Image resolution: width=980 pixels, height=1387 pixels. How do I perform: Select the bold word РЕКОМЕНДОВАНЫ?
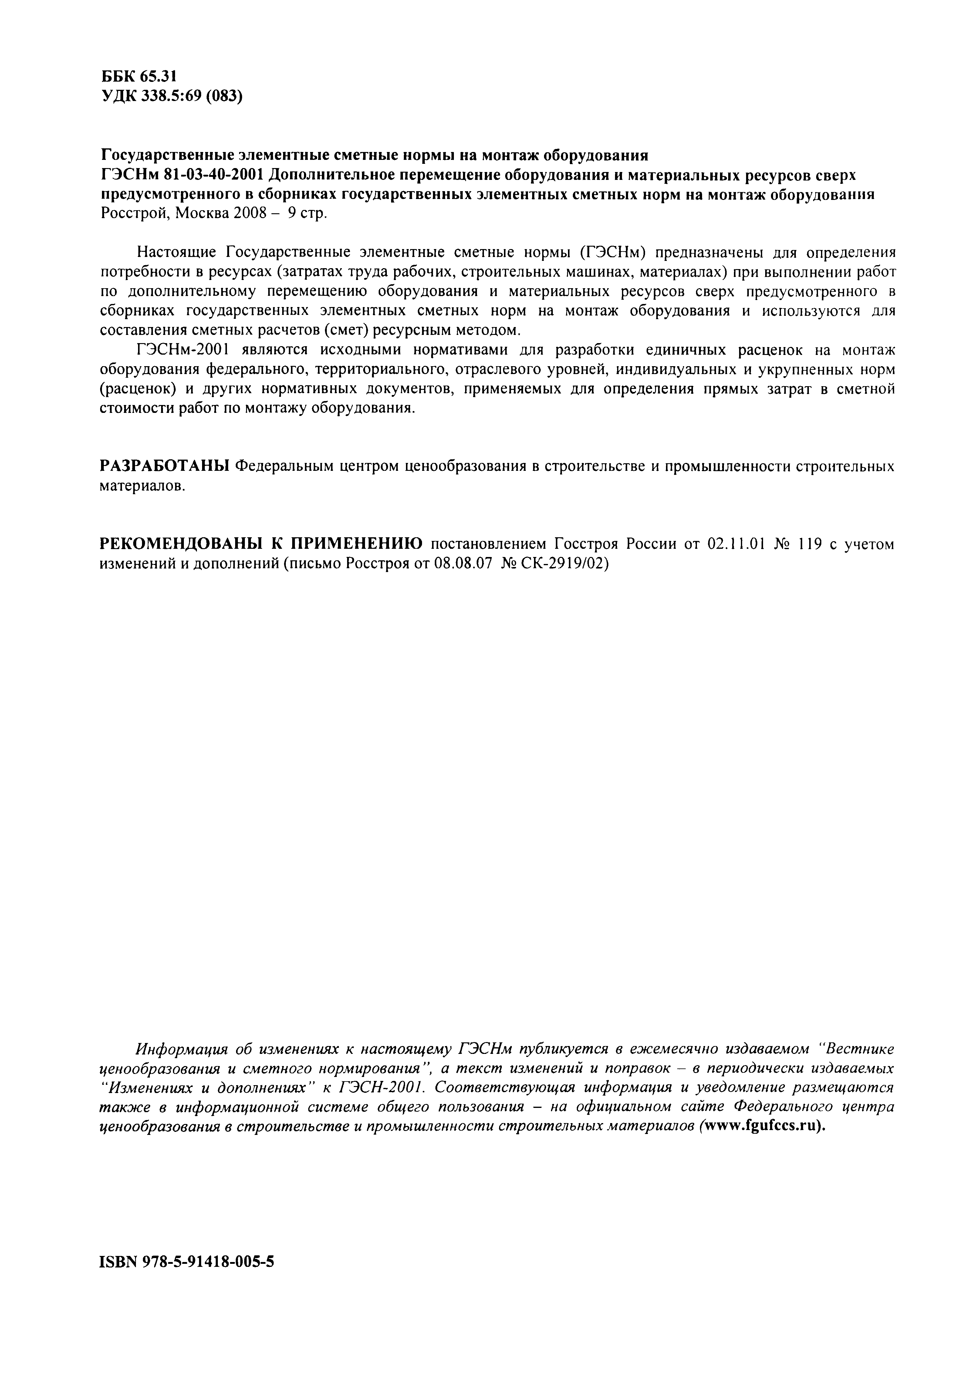180,544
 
